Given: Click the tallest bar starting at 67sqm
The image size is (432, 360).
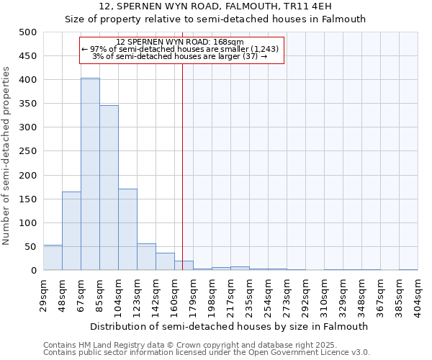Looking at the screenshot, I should pos(90,174).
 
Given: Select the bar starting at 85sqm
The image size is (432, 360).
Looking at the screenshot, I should pos(109,188).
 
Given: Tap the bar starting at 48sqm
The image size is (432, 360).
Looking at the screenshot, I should pos(71,230).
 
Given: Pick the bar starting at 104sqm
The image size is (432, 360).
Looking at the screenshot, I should pos(127,229).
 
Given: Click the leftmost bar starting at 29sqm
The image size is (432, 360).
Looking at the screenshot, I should pos(53,258).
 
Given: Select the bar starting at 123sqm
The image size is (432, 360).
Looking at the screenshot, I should pos(146,257).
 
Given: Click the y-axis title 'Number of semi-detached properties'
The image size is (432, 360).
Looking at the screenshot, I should pos(7,156).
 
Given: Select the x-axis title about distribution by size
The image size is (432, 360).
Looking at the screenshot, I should pos(230,326).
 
